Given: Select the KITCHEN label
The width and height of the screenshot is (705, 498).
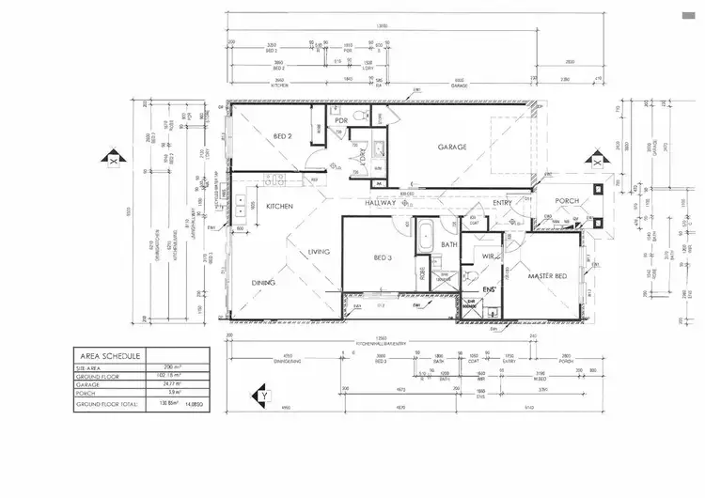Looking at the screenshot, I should coord(280,206).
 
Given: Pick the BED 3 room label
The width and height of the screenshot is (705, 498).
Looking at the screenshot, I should coord(383,257).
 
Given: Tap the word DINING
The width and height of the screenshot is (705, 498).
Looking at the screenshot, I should coord(263,282).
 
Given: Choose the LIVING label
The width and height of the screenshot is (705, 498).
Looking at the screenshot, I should coord(320,252).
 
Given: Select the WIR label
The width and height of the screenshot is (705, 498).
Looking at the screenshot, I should coord(488,255).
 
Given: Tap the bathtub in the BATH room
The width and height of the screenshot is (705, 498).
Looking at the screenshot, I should coord(424,233).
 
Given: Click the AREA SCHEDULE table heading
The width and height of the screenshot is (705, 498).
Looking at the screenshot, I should coord(110,356).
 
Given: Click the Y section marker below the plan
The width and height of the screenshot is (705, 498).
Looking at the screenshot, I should coord(265,397).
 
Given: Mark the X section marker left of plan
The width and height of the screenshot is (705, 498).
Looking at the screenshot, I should coord(113,160).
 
